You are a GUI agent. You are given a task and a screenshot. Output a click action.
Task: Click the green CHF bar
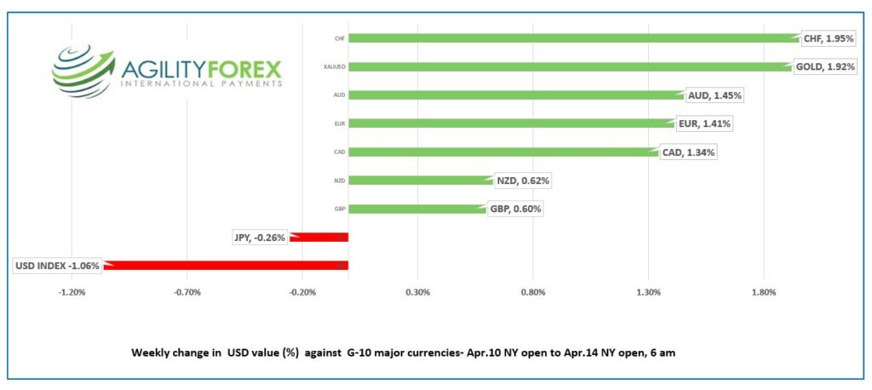571,37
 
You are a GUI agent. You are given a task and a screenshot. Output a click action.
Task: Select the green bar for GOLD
566,66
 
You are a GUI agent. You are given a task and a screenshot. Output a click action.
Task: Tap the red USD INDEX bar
226,266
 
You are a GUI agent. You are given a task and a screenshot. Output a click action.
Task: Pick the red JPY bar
318,237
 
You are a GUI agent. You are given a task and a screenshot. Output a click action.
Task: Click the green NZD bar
420,181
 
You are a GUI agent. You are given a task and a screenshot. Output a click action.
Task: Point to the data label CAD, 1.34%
688,152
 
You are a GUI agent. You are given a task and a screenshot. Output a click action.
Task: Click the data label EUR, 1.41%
704,124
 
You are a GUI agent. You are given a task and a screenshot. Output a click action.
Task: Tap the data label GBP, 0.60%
515,209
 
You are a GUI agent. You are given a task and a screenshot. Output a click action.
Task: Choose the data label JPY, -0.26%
260,237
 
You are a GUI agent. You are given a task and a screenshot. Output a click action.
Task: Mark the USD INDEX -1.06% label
57,266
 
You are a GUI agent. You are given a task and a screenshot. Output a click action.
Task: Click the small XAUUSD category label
335,66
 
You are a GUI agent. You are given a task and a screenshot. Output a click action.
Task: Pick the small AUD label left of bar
339,95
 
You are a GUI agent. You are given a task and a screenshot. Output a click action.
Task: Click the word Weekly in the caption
152,352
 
